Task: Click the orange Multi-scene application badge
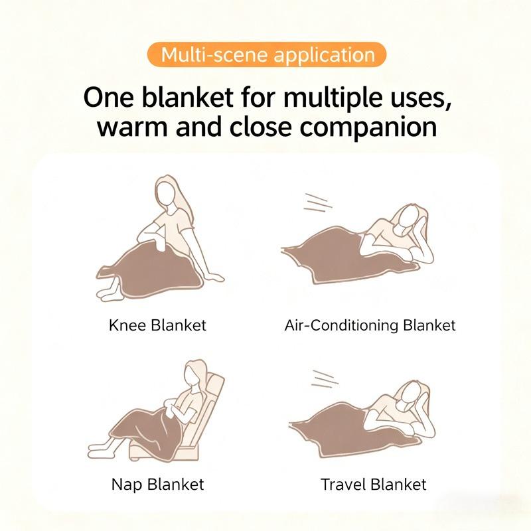tap(265, 54)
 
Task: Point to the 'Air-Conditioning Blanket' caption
tap(370, 325)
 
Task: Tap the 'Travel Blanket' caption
tap(373, 483)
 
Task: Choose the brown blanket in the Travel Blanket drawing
tap(339, 428)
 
